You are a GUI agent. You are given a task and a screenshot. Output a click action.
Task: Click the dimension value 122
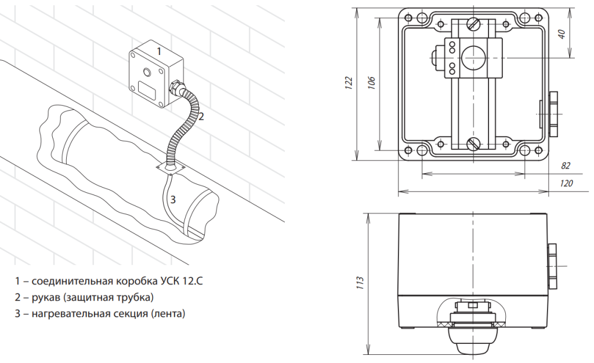(349, 83)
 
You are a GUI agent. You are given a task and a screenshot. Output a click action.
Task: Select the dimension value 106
(372, 83)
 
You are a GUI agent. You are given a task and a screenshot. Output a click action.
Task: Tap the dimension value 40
(562, 34)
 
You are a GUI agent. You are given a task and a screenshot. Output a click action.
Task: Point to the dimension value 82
(565, 166)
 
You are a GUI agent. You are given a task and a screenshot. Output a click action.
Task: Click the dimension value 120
(566, 184)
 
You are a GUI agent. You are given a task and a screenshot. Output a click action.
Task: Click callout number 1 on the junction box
(159, 51)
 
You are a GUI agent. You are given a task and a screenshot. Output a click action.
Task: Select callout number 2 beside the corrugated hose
(201, 116)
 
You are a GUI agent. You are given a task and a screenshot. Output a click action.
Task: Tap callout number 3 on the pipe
(173, 199)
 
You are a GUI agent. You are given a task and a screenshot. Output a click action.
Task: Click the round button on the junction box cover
(147, 71)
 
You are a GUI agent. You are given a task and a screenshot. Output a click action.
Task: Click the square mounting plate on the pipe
(171, 167)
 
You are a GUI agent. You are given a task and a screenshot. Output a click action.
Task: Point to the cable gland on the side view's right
(552, 266)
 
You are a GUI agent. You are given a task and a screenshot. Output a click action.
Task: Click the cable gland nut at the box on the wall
(175, 87)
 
